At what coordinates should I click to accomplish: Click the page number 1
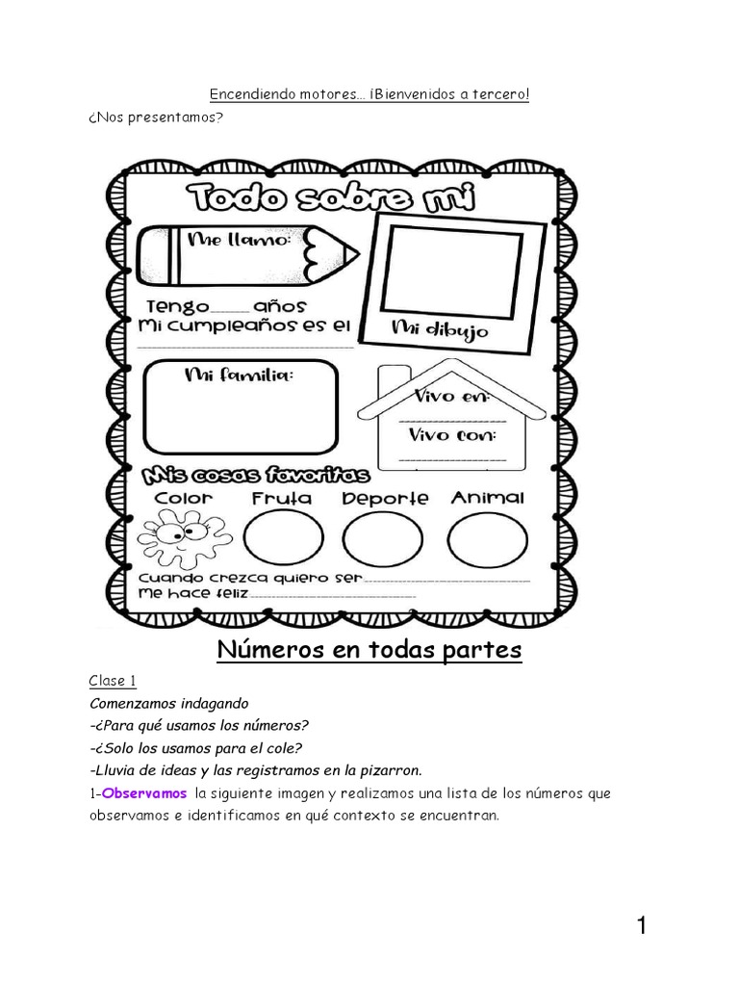coord(641,927)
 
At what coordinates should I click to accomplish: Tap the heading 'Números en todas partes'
coord(369,651)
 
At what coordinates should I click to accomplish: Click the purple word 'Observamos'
coord(144,793)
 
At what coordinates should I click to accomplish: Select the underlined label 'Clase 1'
coord(113,681)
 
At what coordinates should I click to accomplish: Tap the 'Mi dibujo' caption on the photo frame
coord(439,330)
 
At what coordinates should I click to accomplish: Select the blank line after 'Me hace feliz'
coord(332,596)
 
